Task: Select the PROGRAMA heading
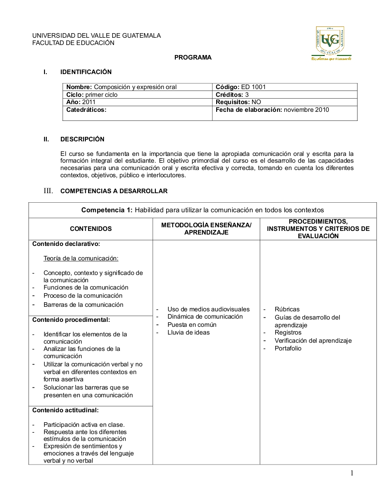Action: [x=193, y=58]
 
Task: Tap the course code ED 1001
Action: [x=253, y=87]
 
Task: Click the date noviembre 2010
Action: [x=307, y=110]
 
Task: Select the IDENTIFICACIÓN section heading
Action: [x=86, y=72]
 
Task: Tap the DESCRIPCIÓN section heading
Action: [x=82, y=139]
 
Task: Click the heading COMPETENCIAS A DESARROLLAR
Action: [x=114, y=191]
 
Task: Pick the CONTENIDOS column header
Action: [x=91, y=229]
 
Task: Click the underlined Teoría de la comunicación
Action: [x=81, y=259]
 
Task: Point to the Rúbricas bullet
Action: [x=287, y=309]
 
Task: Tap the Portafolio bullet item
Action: [x=288, y=348]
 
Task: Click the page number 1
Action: [x=351, y=473]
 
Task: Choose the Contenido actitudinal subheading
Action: [x=65, y=410]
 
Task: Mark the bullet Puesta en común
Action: [x=192, y=325]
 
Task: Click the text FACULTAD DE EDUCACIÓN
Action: [x=73, y=43]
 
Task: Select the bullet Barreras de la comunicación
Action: [x=83, y=305]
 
